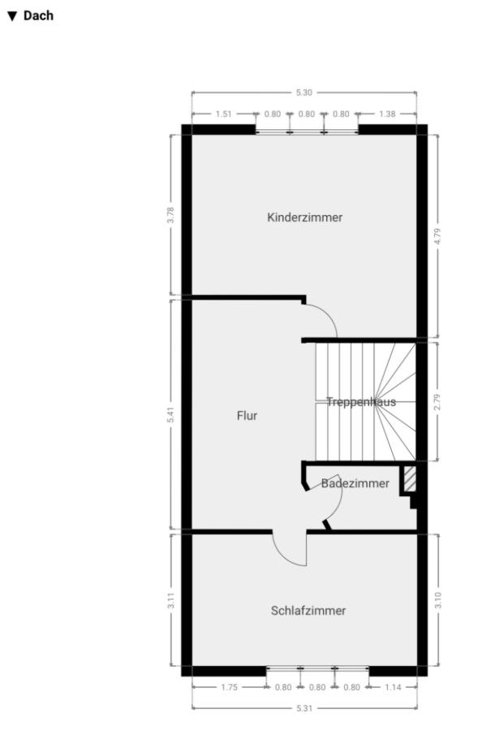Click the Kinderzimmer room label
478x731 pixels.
(304, 217)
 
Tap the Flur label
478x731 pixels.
(247, 415)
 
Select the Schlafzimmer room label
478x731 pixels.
(308, 611)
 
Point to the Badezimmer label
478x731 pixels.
(355, 483)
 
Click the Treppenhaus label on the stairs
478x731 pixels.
(361, 402)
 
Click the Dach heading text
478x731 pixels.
(38, 16)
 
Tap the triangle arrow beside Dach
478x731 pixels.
(13, 16)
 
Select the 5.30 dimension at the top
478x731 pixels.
(304, 93)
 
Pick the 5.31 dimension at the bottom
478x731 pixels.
(304, 708)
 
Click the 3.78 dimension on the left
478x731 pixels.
(170, 215)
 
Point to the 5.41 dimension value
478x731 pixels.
(170, 415)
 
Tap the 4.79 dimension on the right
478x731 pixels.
(437, 236)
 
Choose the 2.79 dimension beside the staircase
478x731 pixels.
(437, 402)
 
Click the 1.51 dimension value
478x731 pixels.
(224, 115)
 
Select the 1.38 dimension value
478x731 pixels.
(387, 115)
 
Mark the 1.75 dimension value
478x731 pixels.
(229, 687)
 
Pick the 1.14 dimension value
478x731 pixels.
(393, 687)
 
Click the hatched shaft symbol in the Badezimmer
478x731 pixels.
(410, 478)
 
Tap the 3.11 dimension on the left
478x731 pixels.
(171, 600)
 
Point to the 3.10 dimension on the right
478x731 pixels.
(437, 600)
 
